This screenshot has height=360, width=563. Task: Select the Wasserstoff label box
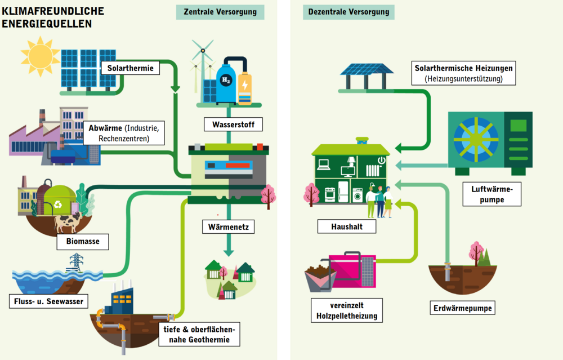tap(230, 124)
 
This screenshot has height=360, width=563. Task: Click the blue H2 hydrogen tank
tap(226, 81)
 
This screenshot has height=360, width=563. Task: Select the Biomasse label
tap(83, 242)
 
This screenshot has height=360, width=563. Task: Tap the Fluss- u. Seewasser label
tap(49, 301)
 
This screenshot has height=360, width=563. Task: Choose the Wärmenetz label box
tap(229, 227)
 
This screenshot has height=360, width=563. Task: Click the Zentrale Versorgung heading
tap(220, 12)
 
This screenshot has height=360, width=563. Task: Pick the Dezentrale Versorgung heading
tap(348, 12)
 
